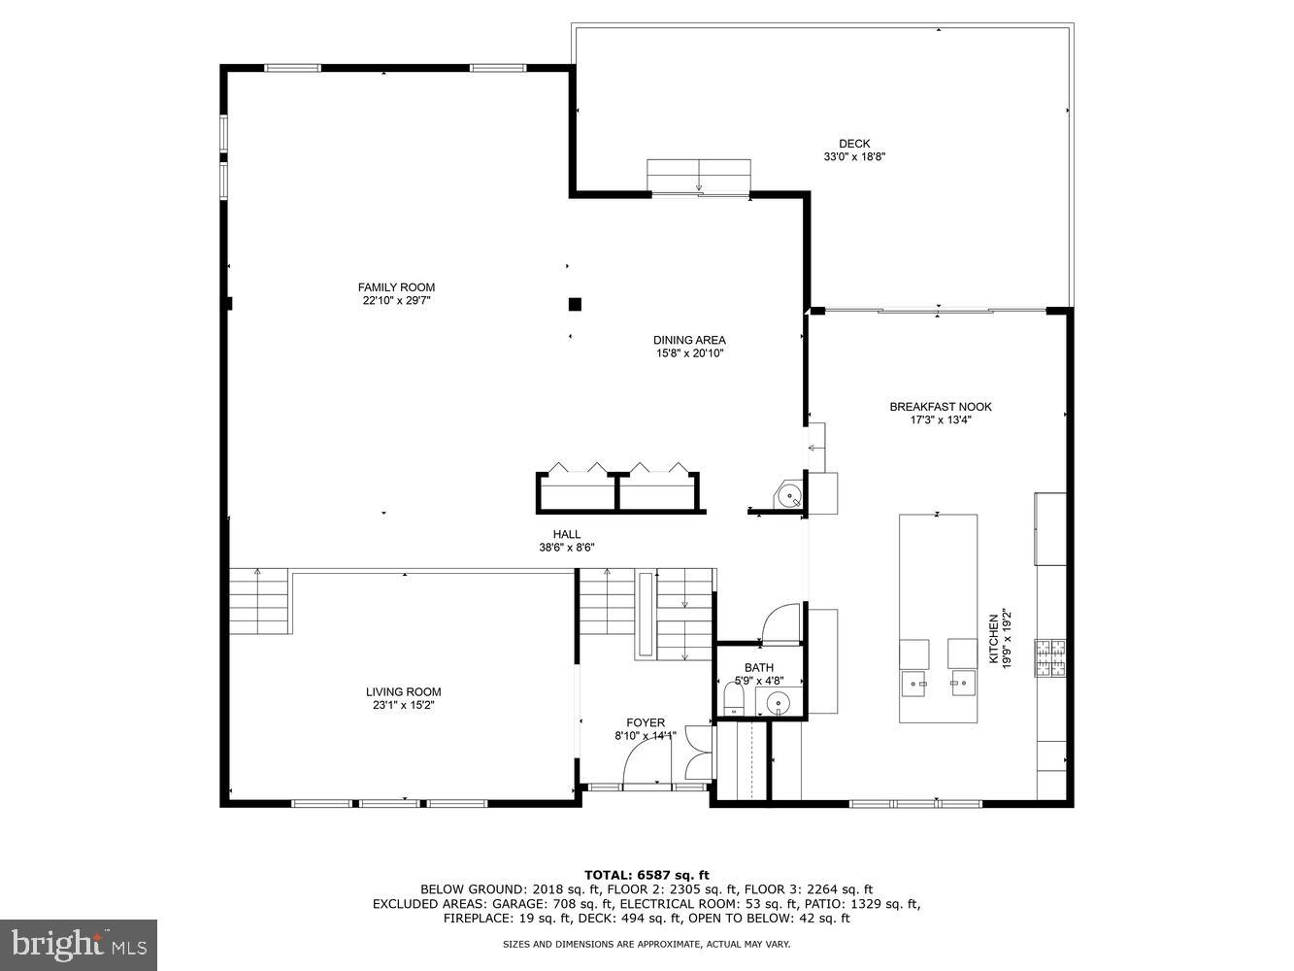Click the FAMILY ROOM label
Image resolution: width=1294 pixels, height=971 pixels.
click(396, 287)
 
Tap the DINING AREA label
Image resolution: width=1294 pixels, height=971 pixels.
click(689, 340)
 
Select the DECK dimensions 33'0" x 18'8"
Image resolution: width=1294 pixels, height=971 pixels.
click(854, 157)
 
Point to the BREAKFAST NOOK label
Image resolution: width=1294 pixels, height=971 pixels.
click(941, 407)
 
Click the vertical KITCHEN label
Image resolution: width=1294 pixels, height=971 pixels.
click(993, 639)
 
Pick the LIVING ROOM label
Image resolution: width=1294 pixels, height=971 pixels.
click(403, 692)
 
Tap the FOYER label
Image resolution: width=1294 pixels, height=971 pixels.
click(646, 722)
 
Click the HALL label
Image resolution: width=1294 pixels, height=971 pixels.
click(567, 534)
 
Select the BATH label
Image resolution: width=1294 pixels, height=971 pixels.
click(759, 667)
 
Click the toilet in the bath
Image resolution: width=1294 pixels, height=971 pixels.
click(734, 700)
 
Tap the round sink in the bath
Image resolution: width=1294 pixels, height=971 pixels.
click(778, 702)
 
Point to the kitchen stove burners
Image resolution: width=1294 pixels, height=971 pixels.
click(1049, 657)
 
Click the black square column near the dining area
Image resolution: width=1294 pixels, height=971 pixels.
click(575, 304)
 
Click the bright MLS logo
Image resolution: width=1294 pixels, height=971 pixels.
click(79, 943)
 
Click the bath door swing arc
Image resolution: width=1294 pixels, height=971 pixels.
click(779, 623)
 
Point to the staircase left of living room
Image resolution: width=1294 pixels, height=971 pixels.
click(259, 601)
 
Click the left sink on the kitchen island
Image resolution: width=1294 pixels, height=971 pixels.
click(914, 684)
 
